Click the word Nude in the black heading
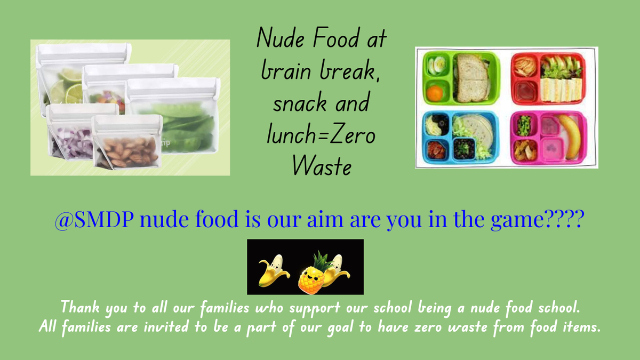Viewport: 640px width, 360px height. pyautogui.click(x=281, y=38)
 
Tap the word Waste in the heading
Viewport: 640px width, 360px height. pyautogui.click(x=322, y=166)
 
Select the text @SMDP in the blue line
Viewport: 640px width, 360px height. pyautogui.click(x=94, y=219)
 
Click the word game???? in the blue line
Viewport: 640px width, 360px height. pyautogui.click(x=538, y=219)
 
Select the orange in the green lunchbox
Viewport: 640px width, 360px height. pyautogui.click(x=435, y=93)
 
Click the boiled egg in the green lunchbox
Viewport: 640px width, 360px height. pyautogui.click(x=437, y=65)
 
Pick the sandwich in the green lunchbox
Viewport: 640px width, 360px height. pyautogui.click(x=472, y=78)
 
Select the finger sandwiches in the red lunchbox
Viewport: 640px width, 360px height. pyautogui.click(x=561, y=90)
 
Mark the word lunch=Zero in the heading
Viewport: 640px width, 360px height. pyautogui.click(x=321, y=134)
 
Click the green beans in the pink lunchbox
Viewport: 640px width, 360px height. pyautogui.click(x=524, y=125)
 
